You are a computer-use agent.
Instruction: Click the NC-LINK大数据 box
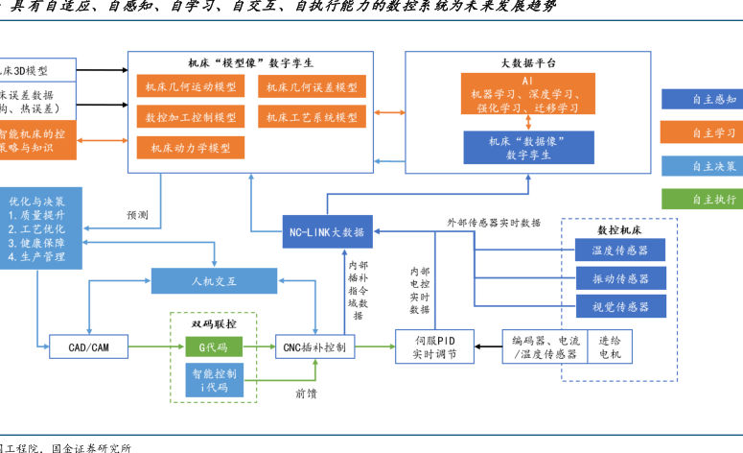tap(327, 231)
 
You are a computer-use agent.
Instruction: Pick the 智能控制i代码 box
tap(214, 380)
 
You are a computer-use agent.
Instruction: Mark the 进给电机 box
tap(610, 346)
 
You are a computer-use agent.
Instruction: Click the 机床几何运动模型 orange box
tap(191, 86)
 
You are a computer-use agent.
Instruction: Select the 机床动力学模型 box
tap(191, 148)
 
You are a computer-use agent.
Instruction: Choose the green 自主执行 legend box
tap(701, 200)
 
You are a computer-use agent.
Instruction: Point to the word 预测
tap(137, 215)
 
